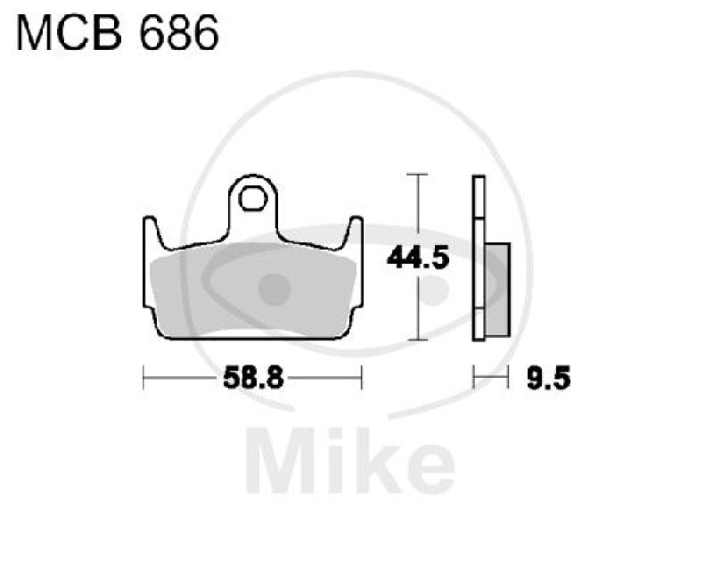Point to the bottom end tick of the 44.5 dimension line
[414, 340]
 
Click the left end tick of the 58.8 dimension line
[143, 378]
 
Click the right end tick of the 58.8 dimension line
[361, 378]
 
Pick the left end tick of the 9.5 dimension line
[473, 378]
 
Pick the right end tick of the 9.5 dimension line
[508, 378]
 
